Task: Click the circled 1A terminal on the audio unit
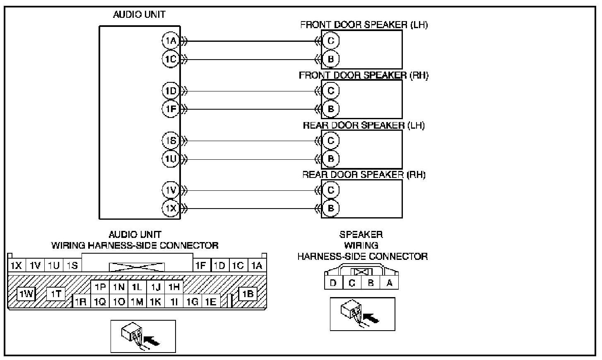point(170,41)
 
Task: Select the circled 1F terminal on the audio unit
point(170,109)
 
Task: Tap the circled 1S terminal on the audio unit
point(170,141)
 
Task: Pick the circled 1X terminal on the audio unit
point(170,208)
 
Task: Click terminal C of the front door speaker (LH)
point(330,41)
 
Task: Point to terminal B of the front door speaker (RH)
point(330,109)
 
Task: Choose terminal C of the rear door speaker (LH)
point(330,141)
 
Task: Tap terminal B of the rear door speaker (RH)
point(330,208)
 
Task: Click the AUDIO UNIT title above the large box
point(139,14)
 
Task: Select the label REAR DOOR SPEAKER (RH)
point(364,175)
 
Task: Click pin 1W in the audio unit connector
point(26,294)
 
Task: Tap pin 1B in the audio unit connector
point(248,294)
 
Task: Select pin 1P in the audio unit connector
point(100,287)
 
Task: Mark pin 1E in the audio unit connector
point(211,302)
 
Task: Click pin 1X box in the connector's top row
point(16,265)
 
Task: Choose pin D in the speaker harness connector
point(333,283)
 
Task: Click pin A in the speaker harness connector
point(389,283)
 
